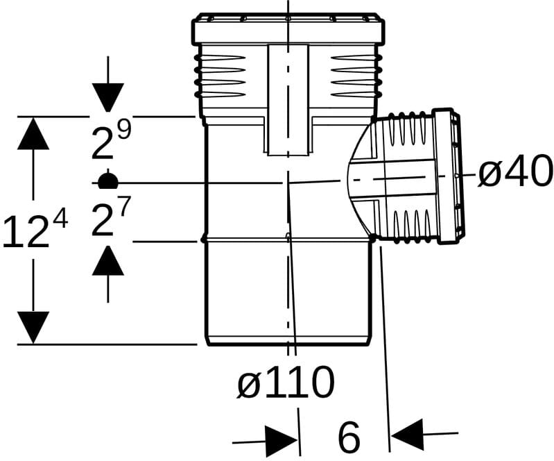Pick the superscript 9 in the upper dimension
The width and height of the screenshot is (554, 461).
click(x=123, y=129)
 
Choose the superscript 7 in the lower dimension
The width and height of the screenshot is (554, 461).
click(x=123, y=207)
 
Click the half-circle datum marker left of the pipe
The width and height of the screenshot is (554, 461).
click(x=107, y=179)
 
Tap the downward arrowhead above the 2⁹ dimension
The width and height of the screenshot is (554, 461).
click(x=107, y=97)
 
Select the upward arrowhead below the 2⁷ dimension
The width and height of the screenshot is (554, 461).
click(x=107, y=260)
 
